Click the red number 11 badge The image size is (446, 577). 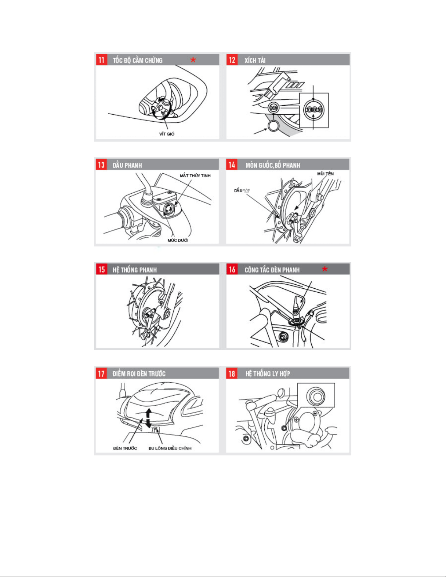[102, 60]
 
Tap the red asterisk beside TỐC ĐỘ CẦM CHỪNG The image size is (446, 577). [193, 60]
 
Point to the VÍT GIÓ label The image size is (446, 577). [167, 134]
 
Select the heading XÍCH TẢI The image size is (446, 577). [255, 60]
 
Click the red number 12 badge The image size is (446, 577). [232, 60]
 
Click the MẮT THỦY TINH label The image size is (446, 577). [195, 175]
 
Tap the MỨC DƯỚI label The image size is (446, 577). [178, 240]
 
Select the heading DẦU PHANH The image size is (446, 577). [127, 165]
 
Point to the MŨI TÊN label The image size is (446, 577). [325, 174]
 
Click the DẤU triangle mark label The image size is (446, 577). [242, 190]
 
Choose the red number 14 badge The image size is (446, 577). [232, 165]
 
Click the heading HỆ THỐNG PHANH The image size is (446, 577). [135, 270]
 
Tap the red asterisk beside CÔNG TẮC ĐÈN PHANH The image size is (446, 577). [325, 269]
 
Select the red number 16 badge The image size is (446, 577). [232, 269]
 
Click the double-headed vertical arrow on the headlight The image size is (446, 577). [149, 418]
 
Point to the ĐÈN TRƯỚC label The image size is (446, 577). [125, 448]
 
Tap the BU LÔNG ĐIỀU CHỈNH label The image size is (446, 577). [170, 448]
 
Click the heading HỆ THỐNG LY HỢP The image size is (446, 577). [268, 374]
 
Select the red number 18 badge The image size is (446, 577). [232, 374]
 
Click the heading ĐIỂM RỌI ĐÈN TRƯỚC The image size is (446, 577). [139, 374]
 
